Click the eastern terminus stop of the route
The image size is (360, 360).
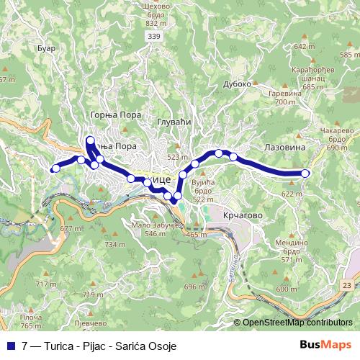pos(305,173)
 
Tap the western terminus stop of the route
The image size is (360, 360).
pos(55,169)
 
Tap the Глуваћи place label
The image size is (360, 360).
pos(173,122)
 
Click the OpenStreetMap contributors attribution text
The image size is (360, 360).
pos(297,323)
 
